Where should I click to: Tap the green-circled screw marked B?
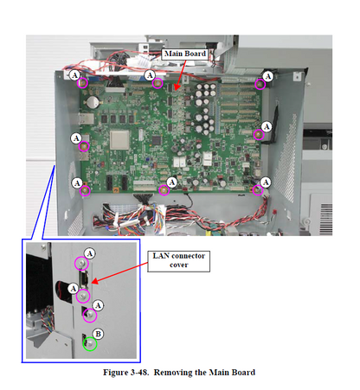89,344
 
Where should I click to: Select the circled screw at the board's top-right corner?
259,85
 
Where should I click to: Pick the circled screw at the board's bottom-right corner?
256,190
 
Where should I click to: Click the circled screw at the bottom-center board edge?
164,189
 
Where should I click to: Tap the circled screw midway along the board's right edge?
258,134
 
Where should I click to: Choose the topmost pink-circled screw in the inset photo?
82,264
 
